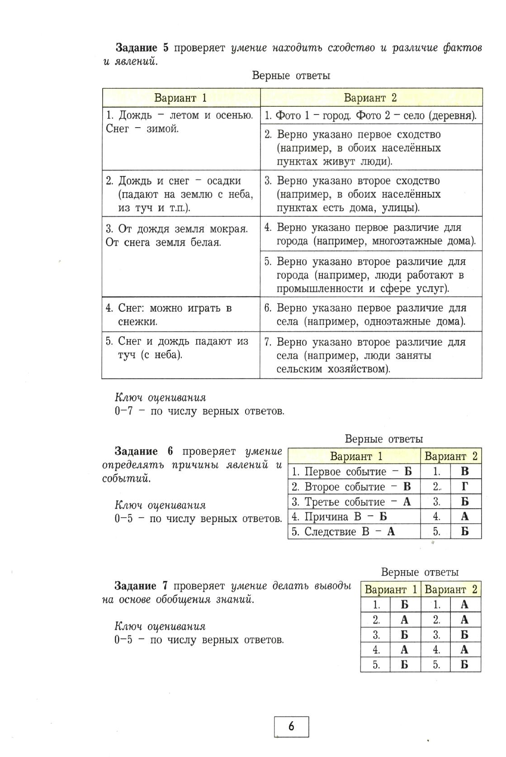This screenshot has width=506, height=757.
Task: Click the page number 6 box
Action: coord(291,726)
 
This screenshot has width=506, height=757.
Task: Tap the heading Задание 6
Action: coord(143,451)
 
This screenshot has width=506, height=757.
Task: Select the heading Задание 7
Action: coord(141,586)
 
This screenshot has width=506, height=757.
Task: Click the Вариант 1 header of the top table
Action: coord(180,98)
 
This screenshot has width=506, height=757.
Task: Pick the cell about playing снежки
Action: coord(180,314)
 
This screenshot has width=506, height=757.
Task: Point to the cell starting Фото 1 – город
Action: coord(370,115)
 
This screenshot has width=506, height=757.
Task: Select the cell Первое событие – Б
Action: coord(353,471)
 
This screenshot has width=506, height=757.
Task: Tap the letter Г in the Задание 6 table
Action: coord(465,486)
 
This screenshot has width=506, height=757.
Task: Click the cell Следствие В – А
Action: coord(344,531)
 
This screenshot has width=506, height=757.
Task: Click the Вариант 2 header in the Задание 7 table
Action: coord(451,589)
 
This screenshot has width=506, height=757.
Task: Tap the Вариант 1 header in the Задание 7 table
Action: coord(391,589)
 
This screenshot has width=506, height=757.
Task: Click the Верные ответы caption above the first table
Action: coord(291,76)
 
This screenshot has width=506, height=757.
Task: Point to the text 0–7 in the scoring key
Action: coord(124,411)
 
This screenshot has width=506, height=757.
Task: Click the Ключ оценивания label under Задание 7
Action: coord(160,626)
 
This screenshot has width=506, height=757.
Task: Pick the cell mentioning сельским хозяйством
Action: coord(370,355)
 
